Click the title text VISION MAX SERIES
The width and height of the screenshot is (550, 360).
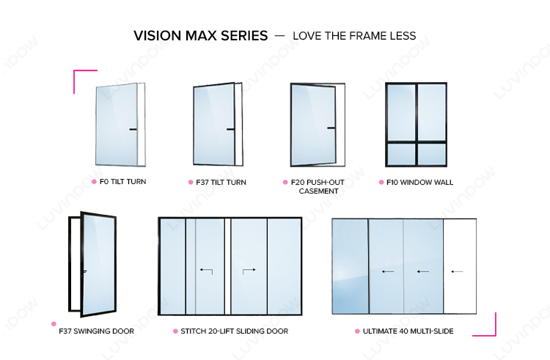[201, 36]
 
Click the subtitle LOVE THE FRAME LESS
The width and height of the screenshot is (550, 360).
[354, 36]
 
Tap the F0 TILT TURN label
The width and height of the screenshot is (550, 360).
[122, 182]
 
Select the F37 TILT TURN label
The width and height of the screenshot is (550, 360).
[221, 183]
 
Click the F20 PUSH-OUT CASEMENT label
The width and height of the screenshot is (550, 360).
[318, 186]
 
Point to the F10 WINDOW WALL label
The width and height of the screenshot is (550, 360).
[420, 183]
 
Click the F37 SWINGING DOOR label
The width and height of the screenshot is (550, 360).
[97, 331]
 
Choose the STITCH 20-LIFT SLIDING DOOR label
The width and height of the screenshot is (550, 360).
[235, 331]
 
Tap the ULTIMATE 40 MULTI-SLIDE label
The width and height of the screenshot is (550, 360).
[408, 331]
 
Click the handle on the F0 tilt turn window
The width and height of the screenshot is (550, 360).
[133, 129]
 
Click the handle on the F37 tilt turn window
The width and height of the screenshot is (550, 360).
[230, 129]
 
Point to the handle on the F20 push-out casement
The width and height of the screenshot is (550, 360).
[331, 128]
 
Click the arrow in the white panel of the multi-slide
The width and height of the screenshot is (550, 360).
[457, 271]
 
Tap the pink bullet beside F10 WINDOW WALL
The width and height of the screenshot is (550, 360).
[381, 183]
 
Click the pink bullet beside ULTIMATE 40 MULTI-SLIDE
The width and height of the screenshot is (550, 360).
[357, 331]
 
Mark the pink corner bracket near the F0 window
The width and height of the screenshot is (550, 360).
[74, 71]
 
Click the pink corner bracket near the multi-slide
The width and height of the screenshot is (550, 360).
[495, 335]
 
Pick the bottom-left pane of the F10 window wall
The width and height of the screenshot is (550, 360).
[401, 154]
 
